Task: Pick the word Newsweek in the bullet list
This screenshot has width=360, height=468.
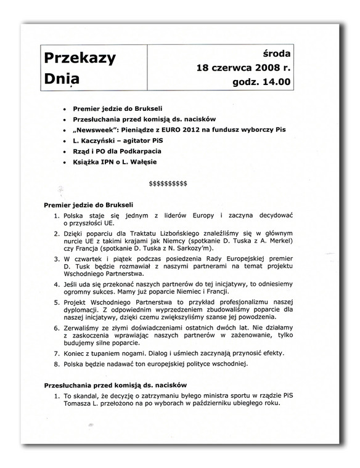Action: coord(117,130)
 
